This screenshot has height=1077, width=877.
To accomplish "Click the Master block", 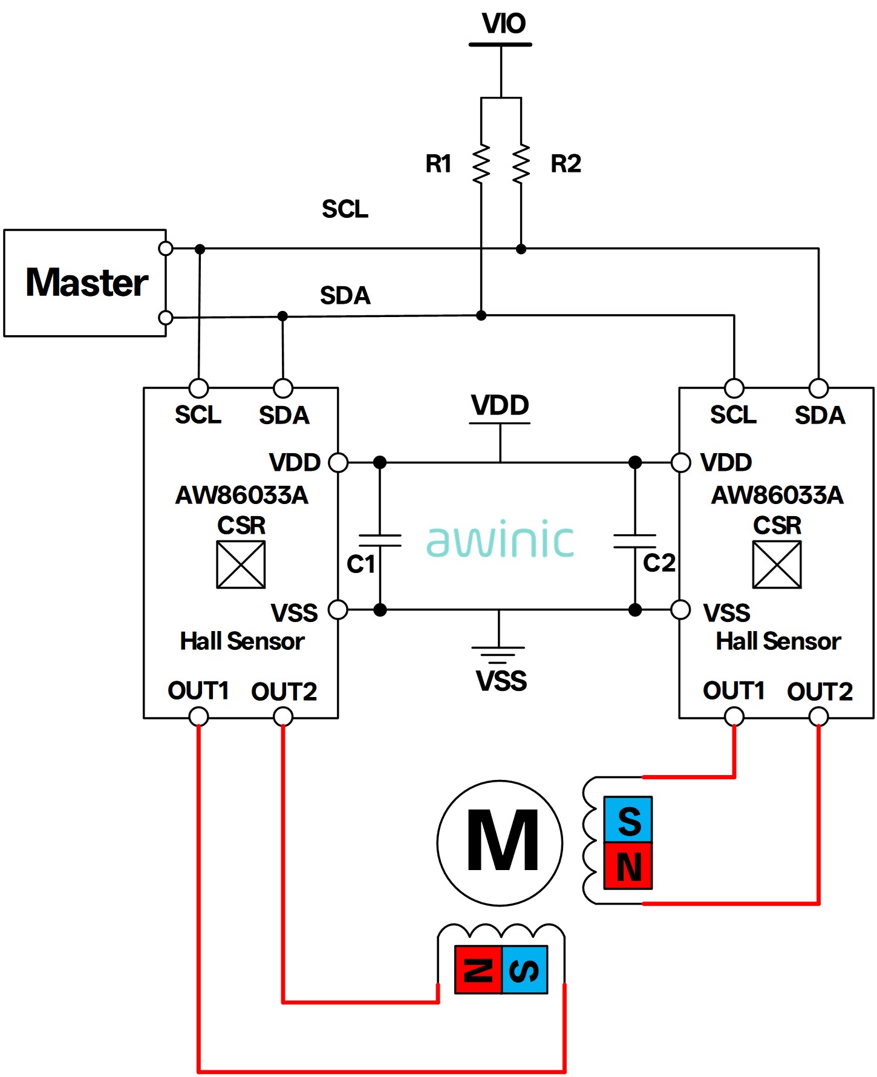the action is point(85,283).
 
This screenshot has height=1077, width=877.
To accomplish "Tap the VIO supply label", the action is point(503,24).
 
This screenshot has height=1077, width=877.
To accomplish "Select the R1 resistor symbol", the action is point(481,163).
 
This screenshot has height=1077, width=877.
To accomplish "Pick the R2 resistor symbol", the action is point(521,163).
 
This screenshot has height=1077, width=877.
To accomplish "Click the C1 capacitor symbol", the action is point(380,540).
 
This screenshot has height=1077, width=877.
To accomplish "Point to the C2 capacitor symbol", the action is point(634,540).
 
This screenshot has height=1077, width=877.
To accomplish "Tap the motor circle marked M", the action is point(500,843).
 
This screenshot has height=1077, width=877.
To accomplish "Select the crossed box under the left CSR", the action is point(241,565).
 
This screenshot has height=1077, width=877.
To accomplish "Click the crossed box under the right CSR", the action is point(777,565).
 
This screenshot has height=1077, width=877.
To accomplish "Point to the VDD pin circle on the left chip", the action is point(338,462).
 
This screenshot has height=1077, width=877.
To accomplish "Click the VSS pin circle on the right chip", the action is point(681,609).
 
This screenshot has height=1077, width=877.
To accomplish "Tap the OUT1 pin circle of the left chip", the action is point(198,717).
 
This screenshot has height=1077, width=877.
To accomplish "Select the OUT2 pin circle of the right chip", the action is point(818,717).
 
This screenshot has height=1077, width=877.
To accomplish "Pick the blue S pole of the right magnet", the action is point(628,819).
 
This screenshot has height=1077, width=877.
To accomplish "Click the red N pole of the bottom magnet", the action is point(478,970).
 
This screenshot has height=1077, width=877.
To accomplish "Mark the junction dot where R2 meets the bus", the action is point(521,249).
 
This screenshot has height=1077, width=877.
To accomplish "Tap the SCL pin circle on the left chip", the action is point(198,388).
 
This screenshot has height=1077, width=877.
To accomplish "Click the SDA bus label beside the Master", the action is point(345,296).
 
